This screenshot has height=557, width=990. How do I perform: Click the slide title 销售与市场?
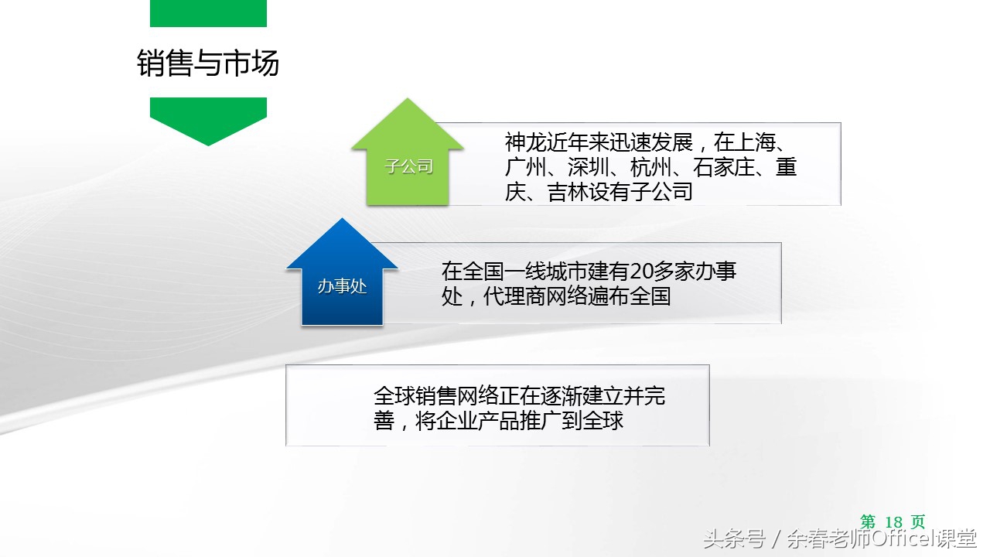[x=207, y=63]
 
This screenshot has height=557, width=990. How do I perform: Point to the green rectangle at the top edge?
[x=207, y=13]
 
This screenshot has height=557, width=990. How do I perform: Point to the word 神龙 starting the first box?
[x=525, y=143]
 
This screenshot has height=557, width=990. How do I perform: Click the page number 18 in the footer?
[x=893, y=522]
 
